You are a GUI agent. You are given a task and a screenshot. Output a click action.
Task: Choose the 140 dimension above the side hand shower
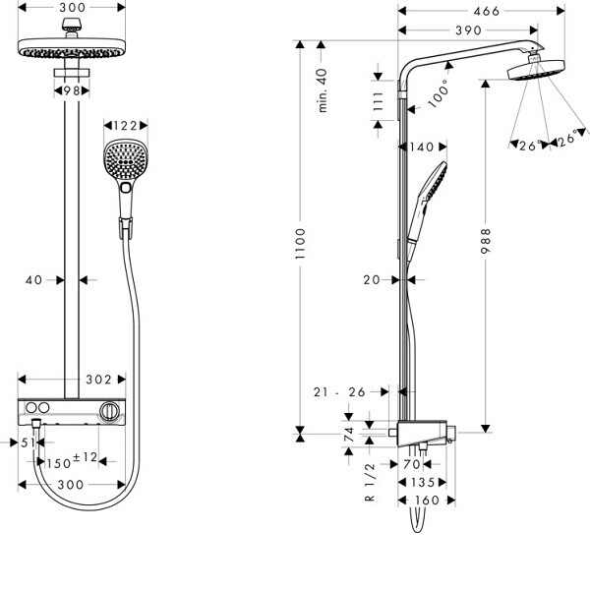point(421,147)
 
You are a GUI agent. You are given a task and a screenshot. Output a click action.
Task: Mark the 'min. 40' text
point(323,90)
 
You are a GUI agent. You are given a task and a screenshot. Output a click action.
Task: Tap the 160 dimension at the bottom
point(426,501)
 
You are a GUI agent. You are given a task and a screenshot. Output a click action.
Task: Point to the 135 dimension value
point(423,482)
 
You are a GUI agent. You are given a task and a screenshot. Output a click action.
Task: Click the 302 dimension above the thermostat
point(99,379)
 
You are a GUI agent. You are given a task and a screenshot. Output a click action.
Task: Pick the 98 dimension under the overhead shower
point(71,90)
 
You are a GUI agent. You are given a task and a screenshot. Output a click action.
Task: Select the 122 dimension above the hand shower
point(125,126)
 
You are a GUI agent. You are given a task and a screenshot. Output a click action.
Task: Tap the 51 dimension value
point(28,442)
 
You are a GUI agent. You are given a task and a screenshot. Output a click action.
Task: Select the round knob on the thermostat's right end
point(112,409)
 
